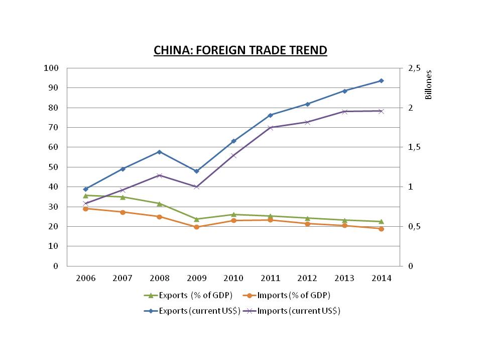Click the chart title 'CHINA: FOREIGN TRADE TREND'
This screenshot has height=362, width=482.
pyautogui.click(x=240, y=50)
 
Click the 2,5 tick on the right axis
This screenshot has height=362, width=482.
pyautogui.click(x=415, y=68)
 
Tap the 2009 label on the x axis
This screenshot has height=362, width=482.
pyautogui.click(x=196, y=278)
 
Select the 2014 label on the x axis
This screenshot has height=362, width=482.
pyautogui.click(x=381, y=278)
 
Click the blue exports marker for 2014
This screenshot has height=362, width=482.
pyautogui.click(x=381, y=80)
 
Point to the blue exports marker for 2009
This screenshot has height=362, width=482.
pyautogui.click(x=196, y=171)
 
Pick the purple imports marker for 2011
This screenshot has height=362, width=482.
pyautogui.click(x=270, y=128)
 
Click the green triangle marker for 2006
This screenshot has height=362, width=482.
pyautogui.click(x=86, y=195)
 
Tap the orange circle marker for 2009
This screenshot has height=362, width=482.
pyautogui.click(x=196, y=227)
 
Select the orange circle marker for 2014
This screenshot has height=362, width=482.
pyautogui.click(x=381, y=229)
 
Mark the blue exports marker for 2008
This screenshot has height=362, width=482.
pyautogui.click(x=160, y=152)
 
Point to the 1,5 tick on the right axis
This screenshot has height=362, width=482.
pyautogui.click(x=415, y=147)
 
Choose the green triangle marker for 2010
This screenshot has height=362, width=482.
pyautogui.click(x=233, y=214)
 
